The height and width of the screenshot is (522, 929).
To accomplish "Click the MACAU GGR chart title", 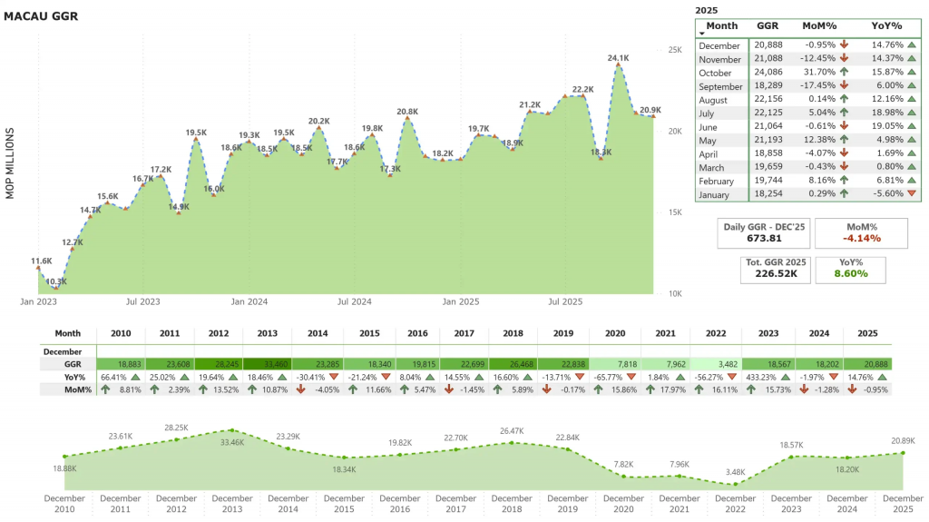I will [42, 16].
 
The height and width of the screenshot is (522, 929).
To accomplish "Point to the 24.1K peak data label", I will [619, 58].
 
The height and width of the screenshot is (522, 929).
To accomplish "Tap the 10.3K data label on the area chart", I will [56, 282].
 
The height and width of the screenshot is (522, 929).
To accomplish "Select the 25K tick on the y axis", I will [674, 50].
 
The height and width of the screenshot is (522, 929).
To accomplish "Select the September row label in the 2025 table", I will [720, 87].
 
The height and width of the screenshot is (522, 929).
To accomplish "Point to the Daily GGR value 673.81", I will [763, 239].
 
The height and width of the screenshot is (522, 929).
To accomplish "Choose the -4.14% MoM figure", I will [861, 239].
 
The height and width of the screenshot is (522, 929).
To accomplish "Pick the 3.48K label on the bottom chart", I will [736, 473].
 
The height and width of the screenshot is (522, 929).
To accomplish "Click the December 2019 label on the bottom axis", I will [568, 504].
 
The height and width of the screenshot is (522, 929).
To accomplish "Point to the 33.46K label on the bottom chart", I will [232, 443].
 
